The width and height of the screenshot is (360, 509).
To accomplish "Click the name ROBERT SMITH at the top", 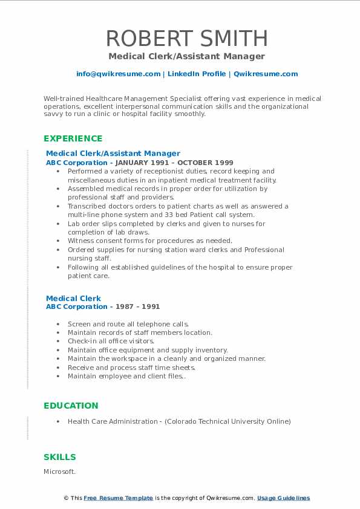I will point(186,38).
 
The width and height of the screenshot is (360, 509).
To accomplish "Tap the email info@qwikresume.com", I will point(118,74).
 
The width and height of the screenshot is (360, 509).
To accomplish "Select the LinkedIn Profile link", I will point(189,74).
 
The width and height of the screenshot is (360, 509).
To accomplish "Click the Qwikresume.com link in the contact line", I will point(266,74).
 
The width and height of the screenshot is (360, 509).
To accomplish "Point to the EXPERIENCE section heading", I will point(73,138).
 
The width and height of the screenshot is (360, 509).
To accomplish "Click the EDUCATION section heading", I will point(71,406).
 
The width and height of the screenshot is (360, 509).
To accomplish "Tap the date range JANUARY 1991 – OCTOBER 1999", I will point(174,163).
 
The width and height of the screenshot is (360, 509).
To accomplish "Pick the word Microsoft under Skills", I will point(60,471).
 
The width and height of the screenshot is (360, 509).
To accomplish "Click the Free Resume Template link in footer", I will point(118,498).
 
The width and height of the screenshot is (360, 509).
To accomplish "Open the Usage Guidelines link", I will point(283,498).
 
